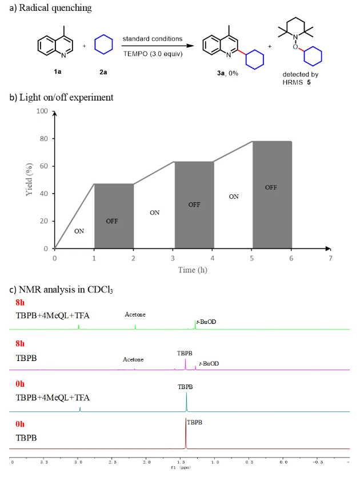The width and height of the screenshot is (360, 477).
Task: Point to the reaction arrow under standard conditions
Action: (x=155, y=46)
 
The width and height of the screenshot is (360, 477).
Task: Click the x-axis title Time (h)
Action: (x=192, y=270)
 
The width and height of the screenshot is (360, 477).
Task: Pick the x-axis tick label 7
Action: (x=330, y=258)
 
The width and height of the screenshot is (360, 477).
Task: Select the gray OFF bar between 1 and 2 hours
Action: (x=114, y=216)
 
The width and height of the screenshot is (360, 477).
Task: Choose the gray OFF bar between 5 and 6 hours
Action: (x=272, y=195)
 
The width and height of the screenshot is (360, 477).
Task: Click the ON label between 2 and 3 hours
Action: (x=154, y=213)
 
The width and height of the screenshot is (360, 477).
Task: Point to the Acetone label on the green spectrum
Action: (x=135, y=315)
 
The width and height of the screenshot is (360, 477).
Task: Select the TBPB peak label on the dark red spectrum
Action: (x=195, y=423)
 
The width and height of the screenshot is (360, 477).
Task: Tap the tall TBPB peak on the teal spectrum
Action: (x=186, y=403)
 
